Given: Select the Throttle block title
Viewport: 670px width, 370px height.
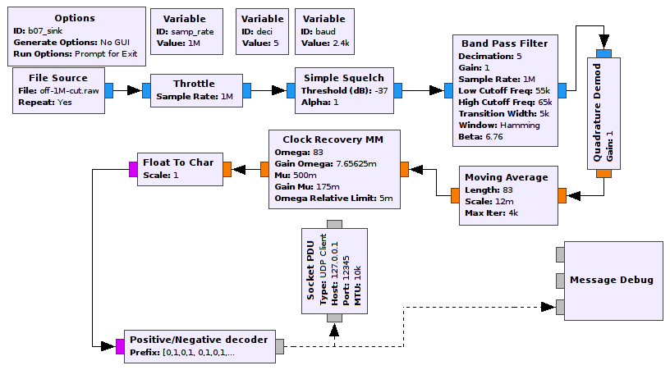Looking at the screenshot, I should pyautogui.click(x=194, y=83).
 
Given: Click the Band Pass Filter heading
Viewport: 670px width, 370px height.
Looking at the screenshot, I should pyautogui.click(x=505, y=43).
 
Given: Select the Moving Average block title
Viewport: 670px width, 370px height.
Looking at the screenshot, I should pyautogui.click(x=506, y=177).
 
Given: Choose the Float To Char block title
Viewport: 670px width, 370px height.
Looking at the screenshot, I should pyautogui.click(x=178, y=162).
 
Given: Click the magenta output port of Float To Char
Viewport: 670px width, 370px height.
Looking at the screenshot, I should pyautogui.click(x=132, y=170).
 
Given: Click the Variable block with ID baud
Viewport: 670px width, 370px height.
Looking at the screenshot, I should pyautogui.click(x=323, y=31).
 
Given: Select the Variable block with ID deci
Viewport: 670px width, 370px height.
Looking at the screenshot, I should pyautogui.click(x=262, y=31).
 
